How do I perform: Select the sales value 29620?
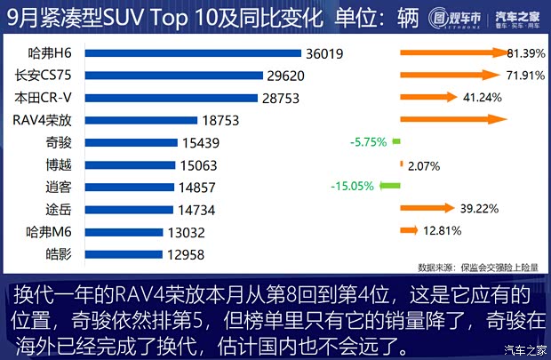289,76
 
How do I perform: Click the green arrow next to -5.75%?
395,140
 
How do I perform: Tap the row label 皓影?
58,254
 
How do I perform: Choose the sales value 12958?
186,254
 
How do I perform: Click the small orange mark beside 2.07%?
402,164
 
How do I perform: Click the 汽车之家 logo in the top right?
516,20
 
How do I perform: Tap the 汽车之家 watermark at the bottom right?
524,348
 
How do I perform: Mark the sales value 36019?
324,53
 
